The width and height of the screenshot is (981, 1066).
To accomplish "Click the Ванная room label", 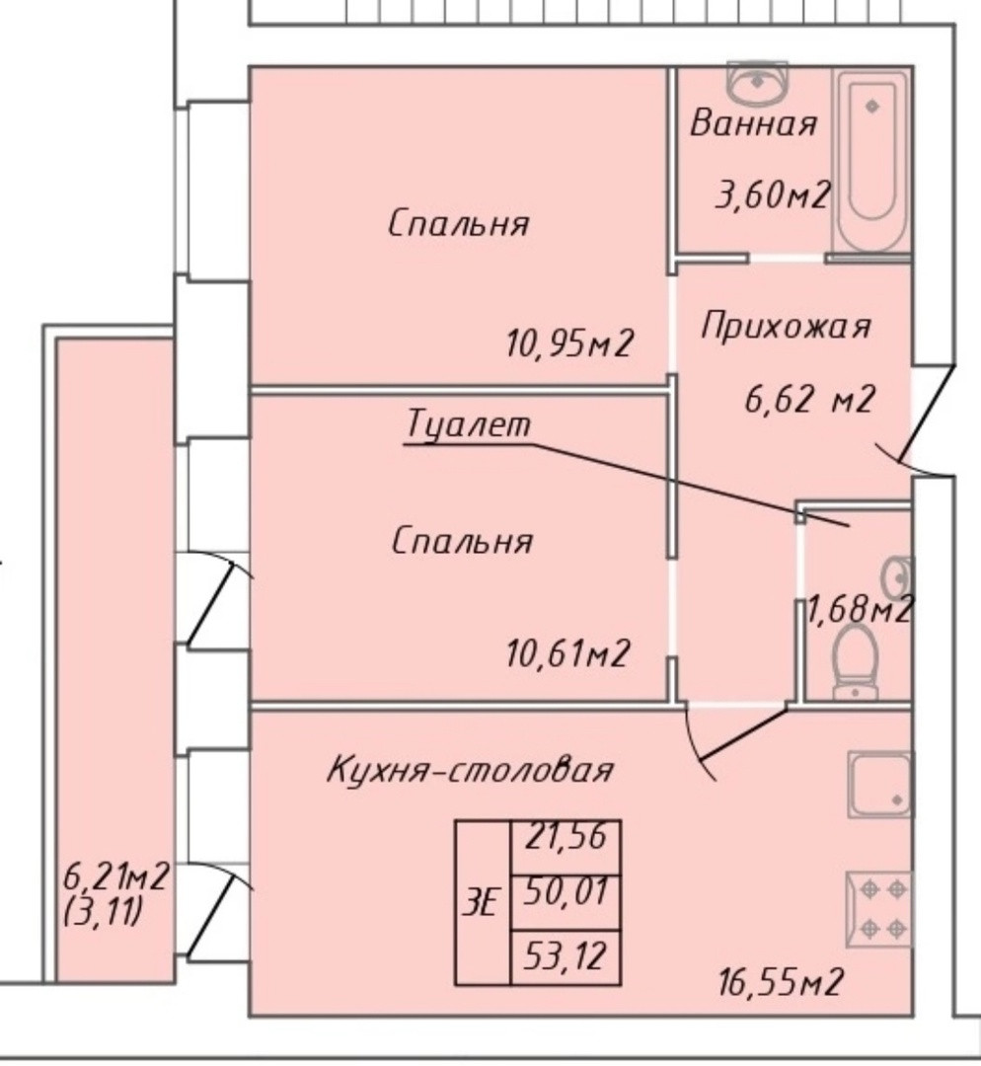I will tap(754, 124).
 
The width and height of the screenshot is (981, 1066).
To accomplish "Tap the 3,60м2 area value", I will tap(772, 194).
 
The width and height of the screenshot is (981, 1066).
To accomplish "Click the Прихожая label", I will tap(786, 326).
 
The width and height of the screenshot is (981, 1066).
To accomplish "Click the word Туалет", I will tap(468, 425).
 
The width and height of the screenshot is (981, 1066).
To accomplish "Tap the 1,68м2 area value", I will tap(859, 610).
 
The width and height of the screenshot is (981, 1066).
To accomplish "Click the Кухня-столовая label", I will tap(470, 770).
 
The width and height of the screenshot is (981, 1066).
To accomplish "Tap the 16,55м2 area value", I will tap(781, 982).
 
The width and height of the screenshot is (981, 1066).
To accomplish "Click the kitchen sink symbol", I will tap(879, 784).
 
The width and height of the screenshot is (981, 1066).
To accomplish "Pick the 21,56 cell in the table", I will tap(565, 846).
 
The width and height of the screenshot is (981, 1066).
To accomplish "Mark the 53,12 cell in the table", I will tap(565, 955).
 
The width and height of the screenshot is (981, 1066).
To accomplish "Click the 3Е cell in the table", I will tap(482, 902).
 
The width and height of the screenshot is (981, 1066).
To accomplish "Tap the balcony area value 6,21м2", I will tap(115, 875).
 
